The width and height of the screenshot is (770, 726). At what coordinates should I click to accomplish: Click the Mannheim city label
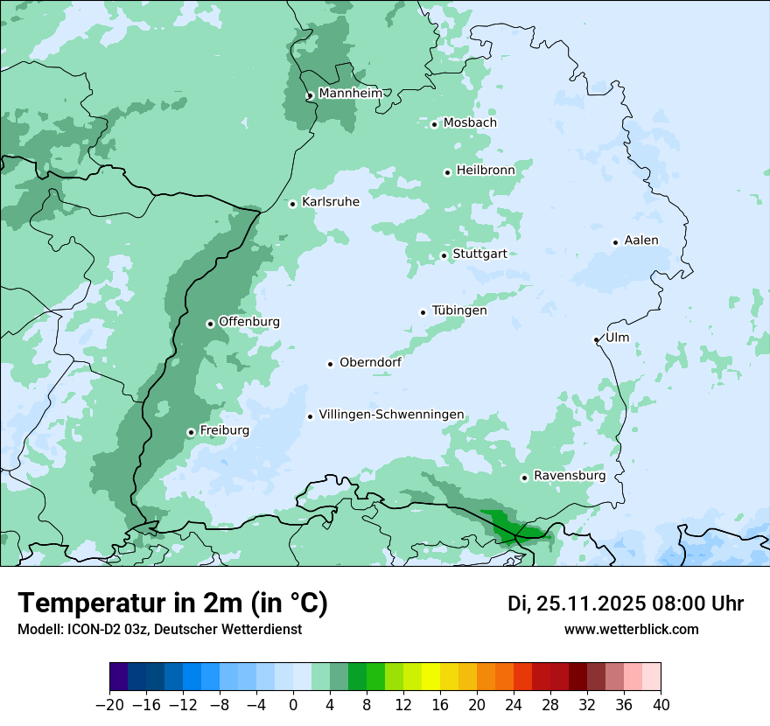[350, 93]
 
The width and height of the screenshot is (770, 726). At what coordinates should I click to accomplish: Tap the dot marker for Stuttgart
[444, 255]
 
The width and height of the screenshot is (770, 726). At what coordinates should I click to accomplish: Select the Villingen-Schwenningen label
[391, 415]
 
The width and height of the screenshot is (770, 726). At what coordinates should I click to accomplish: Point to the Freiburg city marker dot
[191, 432]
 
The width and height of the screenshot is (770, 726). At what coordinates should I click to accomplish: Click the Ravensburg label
[569, 476]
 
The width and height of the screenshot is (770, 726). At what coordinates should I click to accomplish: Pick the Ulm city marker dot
[597, 339]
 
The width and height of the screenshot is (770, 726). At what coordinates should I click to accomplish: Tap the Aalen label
[641, 241]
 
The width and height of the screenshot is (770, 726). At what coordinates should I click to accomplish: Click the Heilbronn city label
[486, 171]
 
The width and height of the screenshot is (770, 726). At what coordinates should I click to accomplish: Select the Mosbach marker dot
[434, 124]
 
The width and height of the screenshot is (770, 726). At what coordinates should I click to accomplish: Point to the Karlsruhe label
[330, 202]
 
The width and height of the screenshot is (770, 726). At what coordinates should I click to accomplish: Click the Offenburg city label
[248, 322]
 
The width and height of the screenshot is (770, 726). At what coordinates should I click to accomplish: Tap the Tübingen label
[459, 311]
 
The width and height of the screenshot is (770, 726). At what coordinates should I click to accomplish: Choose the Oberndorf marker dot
[331, 364]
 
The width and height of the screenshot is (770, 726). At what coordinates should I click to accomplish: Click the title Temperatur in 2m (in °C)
[172, 603]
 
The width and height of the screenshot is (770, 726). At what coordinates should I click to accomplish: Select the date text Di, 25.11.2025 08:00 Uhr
[626, 604]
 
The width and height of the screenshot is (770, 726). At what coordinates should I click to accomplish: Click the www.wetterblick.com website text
[631, 629]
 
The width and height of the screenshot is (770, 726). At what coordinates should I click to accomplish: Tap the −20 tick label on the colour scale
[109, 705]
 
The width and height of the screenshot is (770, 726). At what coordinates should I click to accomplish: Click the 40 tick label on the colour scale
[661, 705]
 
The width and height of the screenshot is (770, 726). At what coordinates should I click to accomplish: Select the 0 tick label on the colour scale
[293, 705]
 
